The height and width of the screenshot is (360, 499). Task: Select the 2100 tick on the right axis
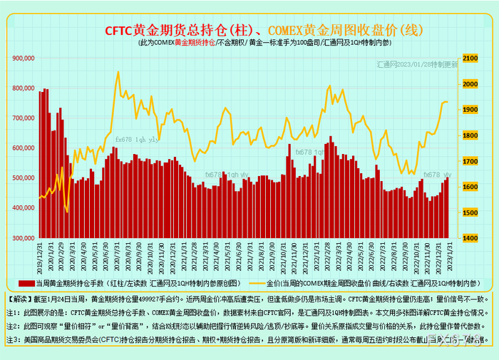click(471, 58)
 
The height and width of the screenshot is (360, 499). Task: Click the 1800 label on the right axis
click(471, 135)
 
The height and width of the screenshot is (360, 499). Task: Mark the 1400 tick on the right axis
click(471, 238)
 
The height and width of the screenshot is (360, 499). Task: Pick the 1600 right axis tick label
click(471, 187)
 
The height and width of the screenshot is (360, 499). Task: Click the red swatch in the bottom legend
click(23, 283)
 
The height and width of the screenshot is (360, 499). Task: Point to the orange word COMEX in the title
click(285, 31)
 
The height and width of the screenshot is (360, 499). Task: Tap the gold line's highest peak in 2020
click(118, 71)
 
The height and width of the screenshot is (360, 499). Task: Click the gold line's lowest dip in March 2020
click(67, 212)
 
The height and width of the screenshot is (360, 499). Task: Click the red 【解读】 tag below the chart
click(20, 295)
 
